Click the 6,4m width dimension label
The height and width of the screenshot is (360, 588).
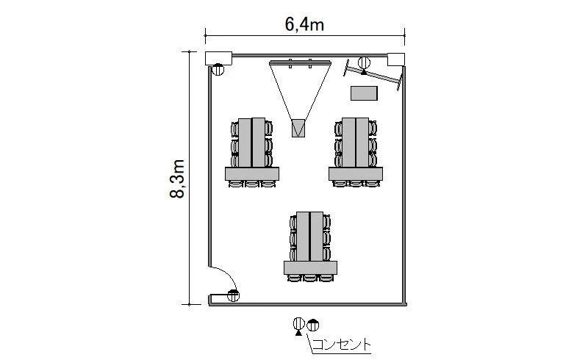tap(304, 25)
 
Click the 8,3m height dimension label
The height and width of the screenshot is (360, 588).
tap(177, 179)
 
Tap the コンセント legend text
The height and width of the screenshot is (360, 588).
tap(341, 345)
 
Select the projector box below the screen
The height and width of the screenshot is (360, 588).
tap(298, 128)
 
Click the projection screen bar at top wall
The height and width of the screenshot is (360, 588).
tap(300, 62)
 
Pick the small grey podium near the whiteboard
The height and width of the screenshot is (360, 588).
tap(364, 93)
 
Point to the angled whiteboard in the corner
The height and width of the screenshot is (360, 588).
tap(373, 75)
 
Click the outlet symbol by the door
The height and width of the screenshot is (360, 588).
tap(233, 295)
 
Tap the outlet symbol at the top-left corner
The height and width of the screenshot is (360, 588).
tap(218, 69)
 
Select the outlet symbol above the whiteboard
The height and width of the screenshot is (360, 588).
tap(364, 63)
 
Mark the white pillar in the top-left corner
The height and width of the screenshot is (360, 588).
tap(218, 58)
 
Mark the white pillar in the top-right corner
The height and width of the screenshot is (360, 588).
tap(396, 60)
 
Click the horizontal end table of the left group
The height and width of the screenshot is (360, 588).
tap(252, 173)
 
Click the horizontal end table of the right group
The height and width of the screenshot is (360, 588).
tap(356, 173)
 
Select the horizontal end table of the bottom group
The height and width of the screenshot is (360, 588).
tap(310, 267)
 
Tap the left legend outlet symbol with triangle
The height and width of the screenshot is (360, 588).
tap(298, 325)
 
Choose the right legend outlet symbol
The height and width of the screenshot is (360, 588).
tap(313, 325)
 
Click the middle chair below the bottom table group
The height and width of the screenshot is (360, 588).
tap(310, 278)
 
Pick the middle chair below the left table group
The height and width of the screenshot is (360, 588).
tap(252, 184)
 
